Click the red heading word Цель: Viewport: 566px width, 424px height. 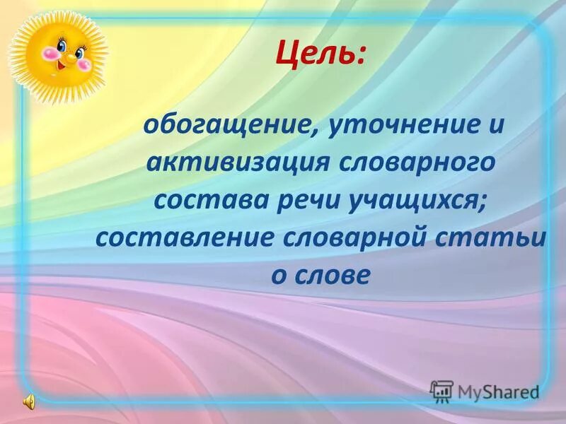click(322, 54)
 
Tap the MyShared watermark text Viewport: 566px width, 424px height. click(498, 391)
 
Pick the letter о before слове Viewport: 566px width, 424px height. click(278, 275)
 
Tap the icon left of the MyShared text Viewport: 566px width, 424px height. click(441, 391)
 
